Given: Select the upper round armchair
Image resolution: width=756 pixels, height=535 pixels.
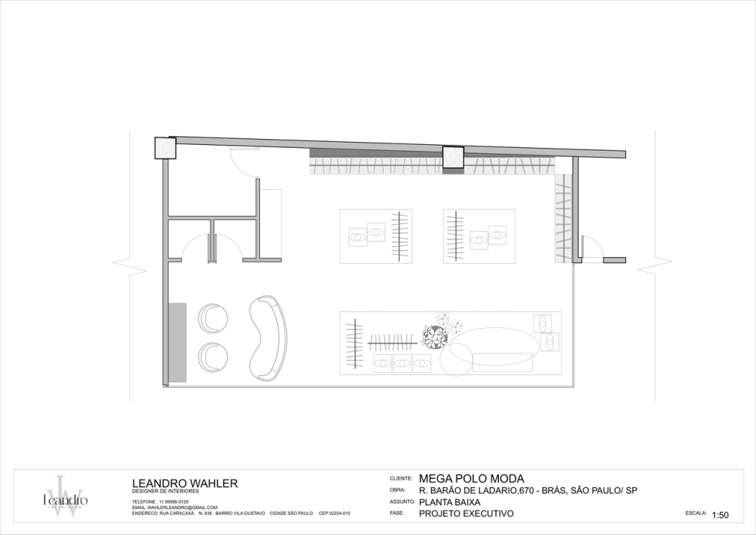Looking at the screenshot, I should point(213,318).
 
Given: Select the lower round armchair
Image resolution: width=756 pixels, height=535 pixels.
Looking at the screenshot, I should point(213,357).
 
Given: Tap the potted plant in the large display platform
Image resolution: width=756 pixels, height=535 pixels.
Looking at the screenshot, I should point(435,336).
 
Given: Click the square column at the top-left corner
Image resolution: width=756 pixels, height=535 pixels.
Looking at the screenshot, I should point(165,148).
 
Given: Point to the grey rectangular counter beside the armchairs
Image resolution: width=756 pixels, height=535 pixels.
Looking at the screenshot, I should point(177,342).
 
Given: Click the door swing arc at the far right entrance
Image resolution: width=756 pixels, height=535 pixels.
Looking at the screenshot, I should point(591,245).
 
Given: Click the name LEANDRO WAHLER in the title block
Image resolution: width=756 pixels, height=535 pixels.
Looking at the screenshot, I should point(184,483).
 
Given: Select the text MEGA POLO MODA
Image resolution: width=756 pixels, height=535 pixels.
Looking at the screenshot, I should point(471,478).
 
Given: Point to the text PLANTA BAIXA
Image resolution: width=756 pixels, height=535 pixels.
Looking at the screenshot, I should point(450,502).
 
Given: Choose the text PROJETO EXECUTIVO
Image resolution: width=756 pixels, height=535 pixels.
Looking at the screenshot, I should point(466,514).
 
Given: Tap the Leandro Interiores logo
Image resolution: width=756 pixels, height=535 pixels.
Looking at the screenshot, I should point(65,497).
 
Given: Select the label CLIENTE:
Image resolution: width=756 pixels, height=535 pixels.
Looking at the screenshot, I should point(400,479).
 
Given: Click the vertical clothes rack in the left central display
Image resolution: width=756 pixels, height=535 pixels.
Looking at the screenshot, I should point(400,236).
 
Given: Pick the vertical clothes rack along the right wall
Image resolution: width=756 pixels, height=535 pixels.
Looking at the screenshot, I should point(563,218).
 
